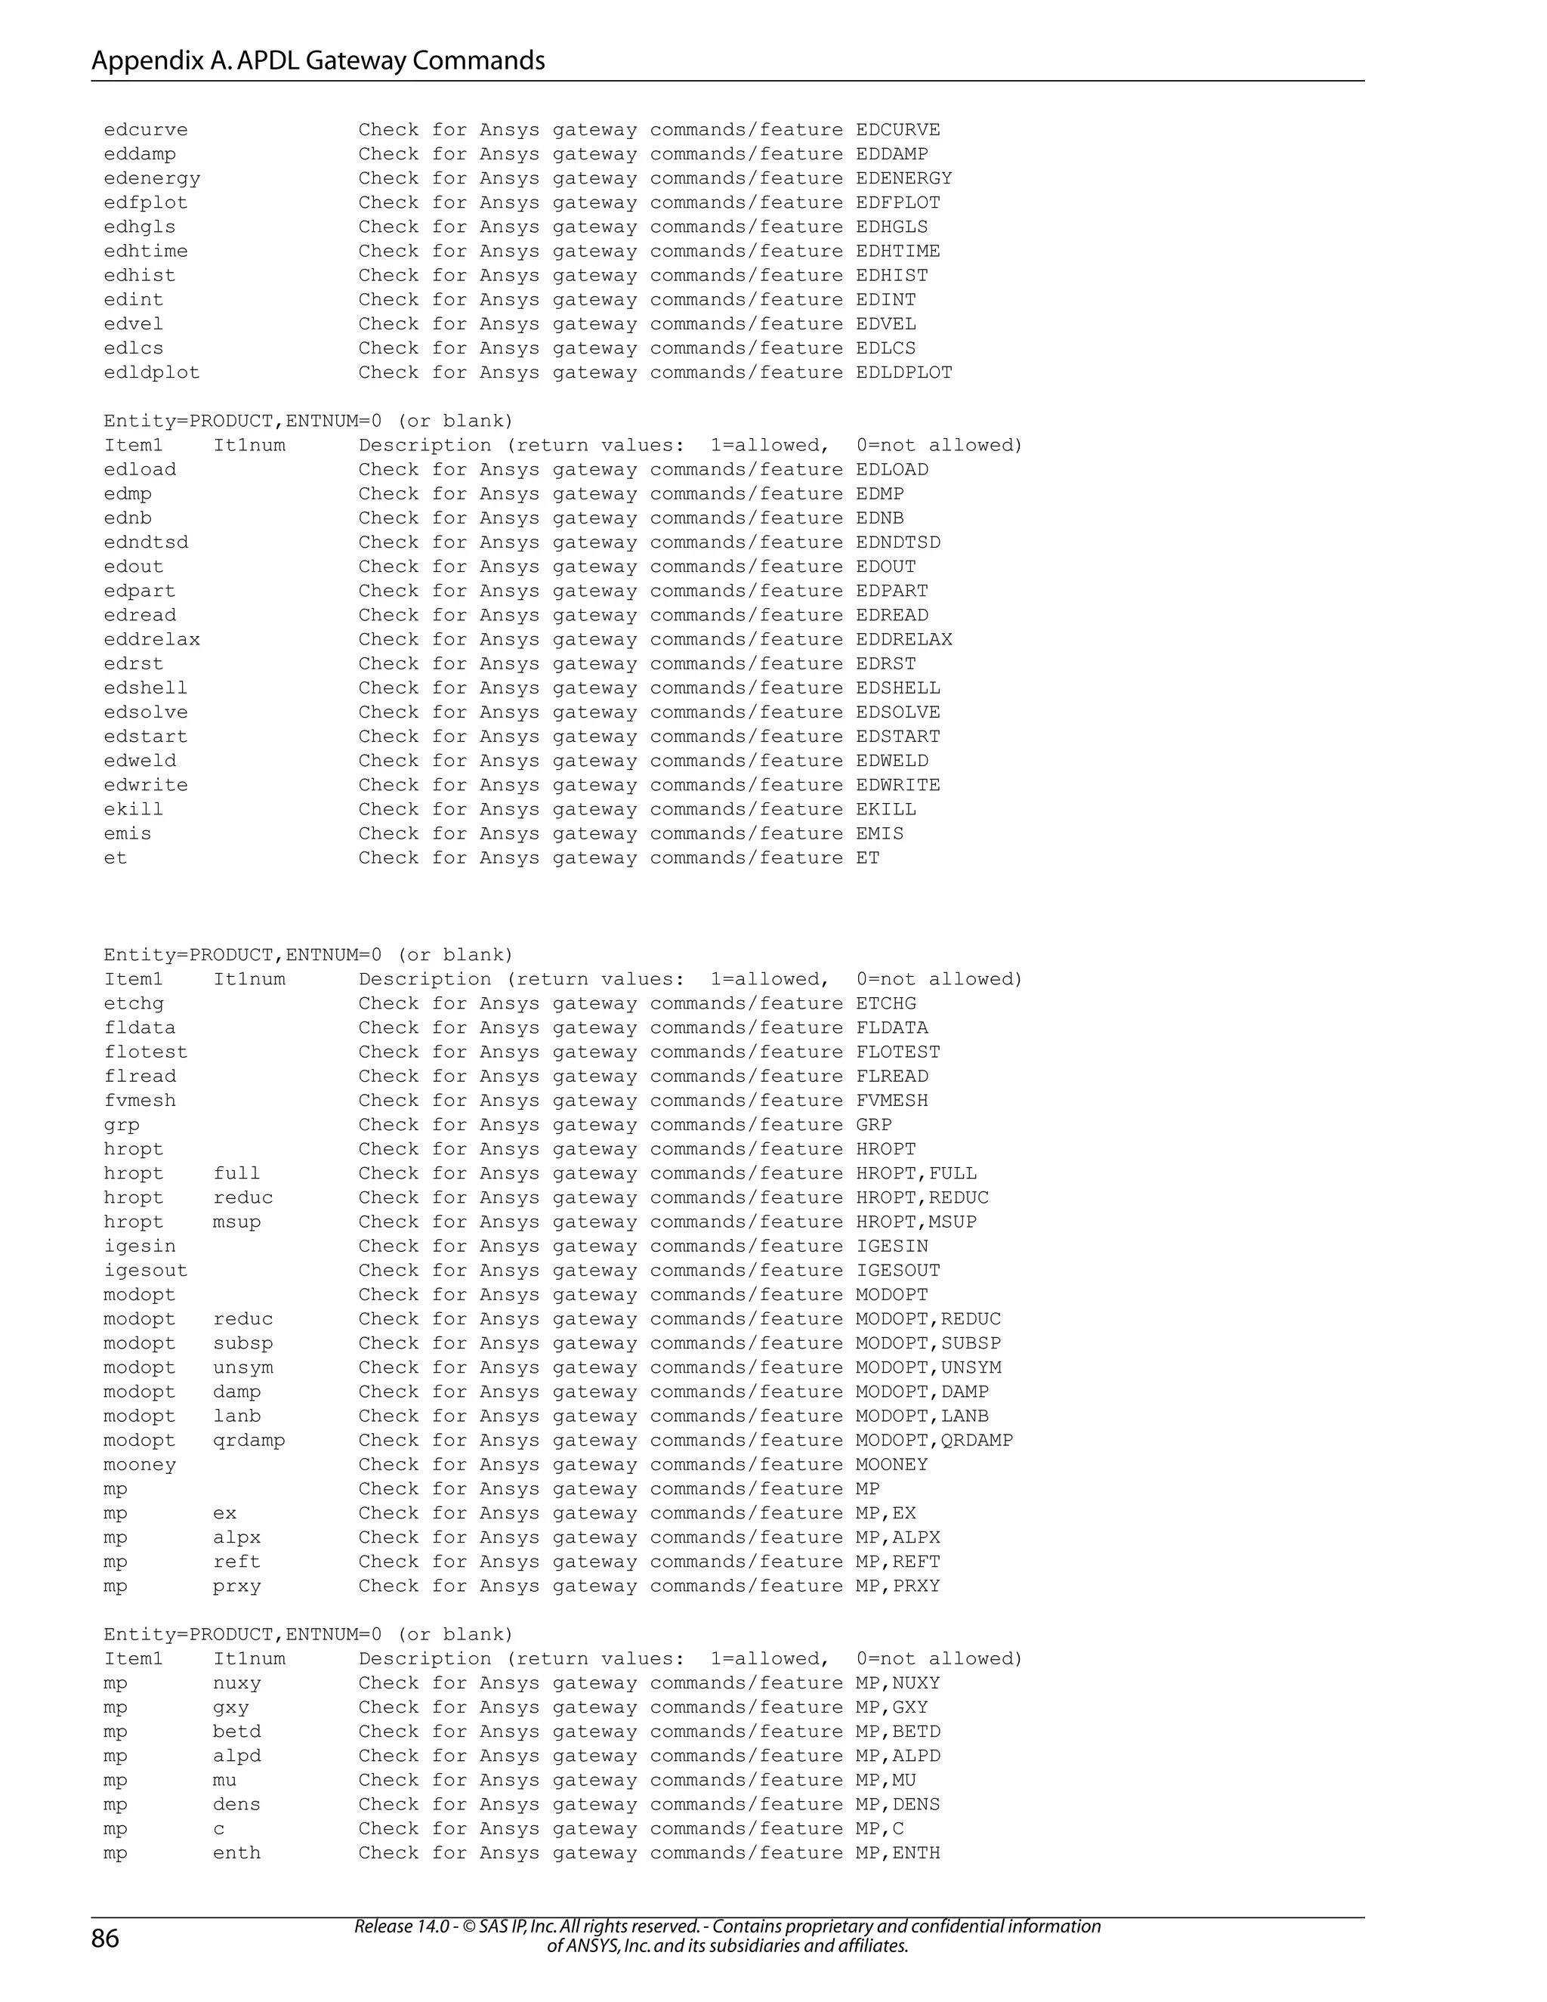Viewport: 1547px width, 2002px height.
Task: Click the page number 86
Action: (106, 1939)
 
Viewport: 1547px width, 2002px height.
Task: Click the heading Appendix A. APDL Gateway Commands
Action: (318, 60)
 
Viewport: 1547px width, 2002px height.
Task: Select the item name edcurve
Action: (146, 130)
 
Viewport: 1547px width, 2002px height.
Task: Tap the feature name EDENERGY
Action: (903, 179)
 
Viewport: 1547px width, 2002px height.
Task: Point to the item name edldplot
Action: (151, 373)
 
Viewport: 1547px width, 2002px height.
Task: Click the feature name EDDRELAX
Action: (903, 640)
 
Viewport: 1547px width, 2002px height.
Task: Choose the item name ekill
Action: (134, 809)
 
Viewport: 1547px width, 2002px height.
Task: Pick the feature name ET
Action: (868, 858)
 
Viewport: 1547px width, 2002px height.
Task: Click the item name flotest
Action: (146, 1052)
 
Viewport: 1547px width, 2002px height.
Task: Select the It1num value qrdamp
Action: (249, 1440)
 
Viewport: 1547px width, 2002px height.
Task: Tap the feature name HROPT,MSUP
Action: (916, 1222)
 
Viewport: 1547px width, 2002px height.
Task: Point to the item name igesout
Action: (146, 1271)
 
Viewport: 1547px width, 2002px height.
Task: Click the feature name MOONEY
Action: (892, 1465)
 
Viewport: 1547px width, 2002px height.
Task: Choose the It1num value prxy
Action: (237, 1586)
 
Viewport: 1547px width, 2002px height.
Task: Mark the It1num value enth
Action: (237, 1852)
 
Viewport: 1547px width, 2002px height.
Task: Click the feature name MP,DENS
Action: (898, 1804)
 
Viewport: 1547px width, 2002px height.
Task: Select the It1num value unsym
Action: (244, 1367)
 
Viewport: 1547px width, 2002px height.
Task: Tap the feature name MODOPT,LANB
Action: (922, 1417)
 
